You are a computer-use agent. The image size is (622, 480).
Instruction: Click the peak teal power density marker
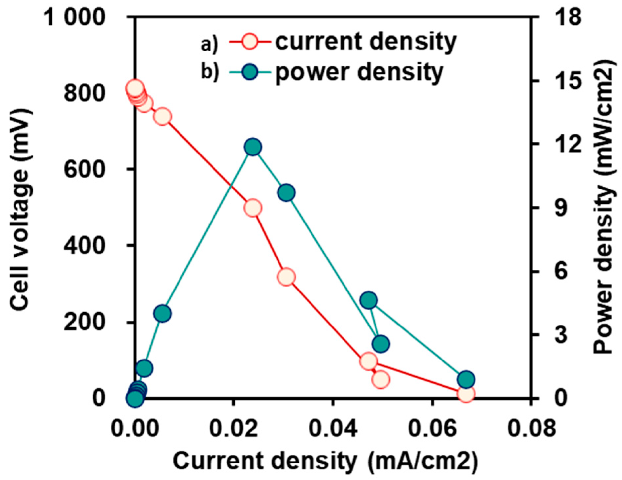click(x=253, y=147)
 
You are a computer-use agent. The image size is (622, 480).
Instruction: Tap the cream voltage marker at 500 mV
click(x=253, y=208)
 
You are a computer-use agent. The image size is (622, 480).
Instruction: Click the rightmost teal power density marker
click(x=466, y=379)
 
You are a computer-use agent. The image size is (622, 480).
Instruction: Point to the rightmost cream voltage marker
click(x=466, y=394)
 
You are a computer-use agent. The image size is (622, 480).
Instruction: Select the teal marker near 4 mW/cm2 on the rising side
click(x=162, y=313)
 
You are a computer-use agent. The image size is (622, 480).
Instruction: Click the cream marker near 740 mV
click(x=162, y=117)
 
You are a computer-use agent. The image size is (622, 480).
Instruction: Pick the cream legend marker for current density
click(x=250, y=42)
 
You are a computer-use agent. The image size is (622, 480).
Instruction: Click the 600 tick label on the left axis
click(x=84, y=169)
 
